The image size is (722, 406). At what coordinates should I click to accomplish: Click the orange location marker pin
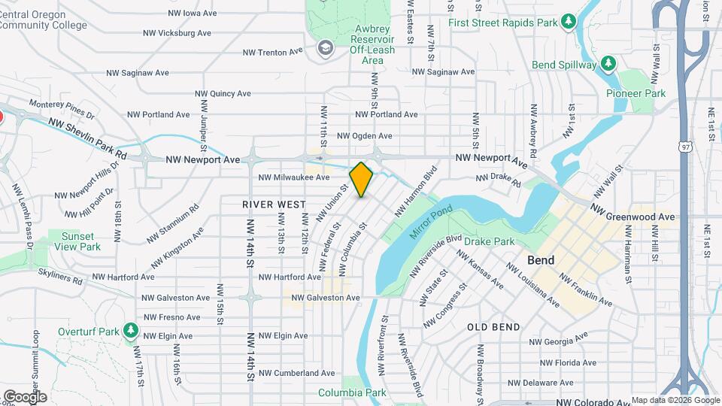pos(362,179)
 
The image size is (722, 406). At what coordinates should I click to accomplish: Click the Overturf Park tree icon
pos(132,331)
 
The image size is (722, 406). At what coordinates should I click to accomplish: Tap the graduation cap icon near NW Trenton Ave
pos(325,49)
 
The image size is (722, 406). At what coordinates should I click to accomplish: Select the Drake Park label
pos(489,241)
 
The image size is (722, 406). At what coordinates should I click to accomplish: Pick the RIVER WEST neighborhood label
pos(274,205)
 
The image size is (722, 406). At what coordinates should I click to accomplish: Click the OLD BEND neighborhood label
pos(493,327)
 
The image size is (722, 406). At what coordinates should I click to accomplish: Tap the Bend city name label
pos(541,261)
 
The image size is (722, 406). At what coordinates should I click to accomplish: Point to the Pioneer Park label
pos(636,94)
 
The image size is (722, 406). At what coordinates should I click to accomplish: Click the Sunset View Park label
pos(80,241)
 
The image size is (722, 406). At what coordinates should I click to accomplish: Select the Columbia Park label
pos(352,392)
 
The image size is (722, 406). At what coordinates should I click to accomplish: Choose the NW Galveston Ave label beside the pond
pos(326,298)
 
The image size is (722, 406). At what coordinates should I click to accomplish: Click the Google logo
pos(25,396)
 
